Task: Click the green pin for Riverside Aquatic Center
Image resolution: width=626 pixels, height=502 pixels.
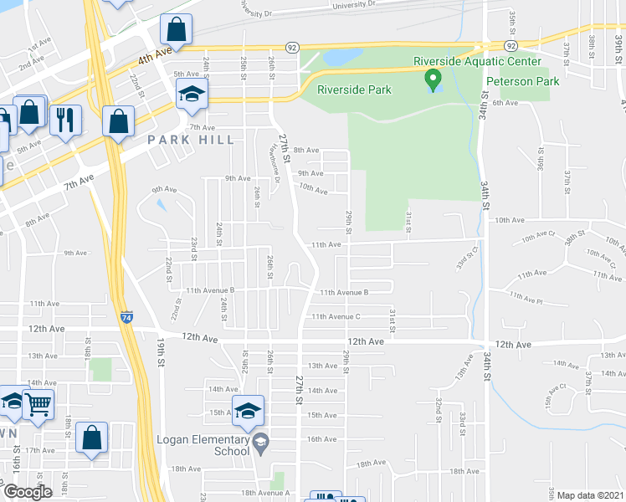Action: [433, 81]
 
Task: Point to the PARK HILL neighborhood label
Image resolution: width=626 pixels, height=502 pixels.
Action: [187, 140]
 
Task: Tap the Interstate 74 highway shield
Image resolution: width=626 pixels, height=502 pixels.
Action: [126, 318]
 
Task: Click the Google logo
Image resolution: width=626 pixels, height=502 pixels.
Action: [28, 492]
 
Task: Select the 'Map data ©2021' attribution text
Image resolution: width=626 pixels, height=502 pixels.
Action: [590, 495]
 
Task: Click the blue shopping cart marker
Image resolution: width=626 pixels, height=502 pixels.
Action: [38, 406]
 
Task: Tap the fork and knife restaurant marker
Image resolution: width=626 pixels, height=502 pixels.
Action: [64, 120]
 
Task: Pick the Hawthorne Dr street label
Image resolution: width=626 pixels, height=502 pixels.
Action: [275, 167]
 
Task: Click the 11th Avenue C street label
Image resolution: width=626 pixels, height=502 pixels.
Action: [336, 316]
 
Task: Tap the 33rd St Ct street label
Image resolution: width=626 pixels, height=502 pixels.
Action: [465, 254]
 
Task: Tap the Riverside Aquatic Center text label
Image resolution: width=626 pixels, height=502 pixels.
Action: [478, 61]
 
